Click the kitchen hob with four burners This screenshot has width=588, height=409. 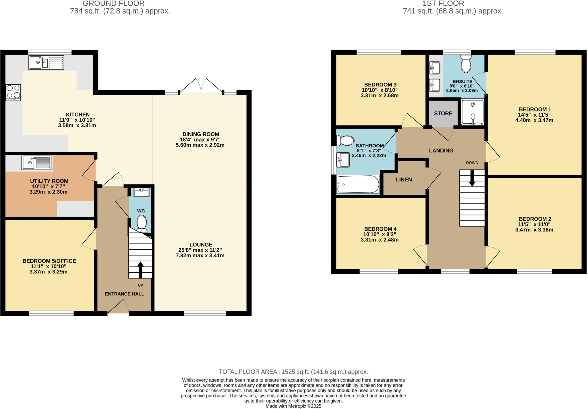(x=13, y=92)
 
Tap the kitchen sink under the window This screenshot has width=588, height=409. (x=46, y=63)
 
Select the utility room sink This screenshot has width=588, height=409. (x=36, y=163)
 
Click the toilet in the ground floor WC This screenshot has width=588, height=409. (x=142, y=223)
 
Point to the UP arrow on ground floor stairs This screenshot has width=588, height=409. (x=140, y=269)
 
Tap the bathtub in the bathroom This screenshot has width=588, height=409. (x=358, y=184)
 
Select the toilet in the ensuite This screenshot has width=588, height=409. (x=466, y=65)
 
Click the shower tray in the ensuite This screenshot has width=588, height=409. (x=473, y=112)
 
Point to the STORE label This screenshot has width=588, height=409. (x=443, y=113)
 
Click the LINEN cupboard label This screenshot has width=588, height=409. (x=404, y=180)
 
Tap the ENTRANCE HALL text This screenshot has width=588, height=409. (x=124, y=294)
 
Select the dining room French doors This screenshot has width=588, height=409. (x=201, y=85)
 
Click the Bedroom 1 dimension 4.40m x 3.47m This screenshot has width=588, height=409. (x=534, y=120)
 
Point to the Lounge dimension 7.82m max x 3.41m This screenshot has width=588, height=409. (x=200, y=256)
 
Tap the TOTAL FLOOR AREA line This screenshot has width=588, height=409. (x=293, y=372)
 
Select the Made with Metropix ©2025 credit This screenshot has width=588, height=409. (x=293, y=406)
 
